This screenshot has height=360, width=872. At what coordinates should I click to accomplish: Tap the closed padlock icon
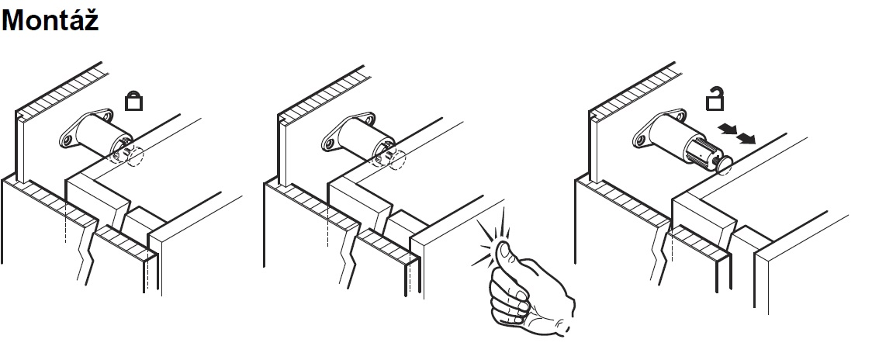133,102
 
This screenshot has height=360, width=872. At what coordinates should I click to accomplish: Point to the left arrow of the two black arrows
728,130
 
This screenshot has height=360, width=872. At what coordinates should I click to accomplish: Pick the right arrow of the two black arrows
746,137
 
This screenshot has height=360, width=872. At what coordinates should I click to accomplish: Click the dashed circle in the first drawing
134,157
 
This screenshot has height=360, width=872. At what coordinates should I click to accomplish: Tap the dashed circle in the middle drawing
396,160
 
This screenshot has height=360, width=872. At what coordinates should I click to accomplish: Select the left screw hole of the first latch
67,142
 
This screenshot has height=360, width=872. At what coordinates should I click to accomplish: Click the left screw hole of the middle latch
330,144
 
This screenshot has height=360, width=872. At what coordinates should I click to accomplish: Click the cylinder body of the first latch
99,136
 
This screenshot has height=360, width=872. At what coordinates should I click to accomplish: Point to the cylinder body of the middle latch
362,137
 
